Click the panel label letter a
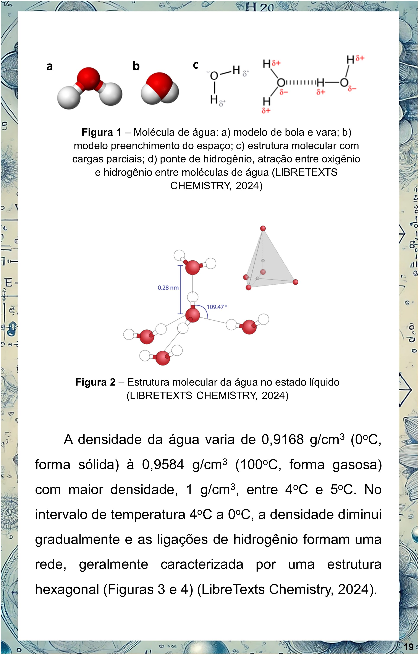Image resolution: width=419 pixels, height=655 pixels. pyautogui.click(x=49, y=66)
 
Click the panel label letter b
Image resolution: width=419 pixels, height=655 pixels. pyautogui.click(x=136, y=66)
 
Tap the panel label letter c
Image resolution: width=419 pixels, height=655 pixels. pyautogui.click(x=196, y=65)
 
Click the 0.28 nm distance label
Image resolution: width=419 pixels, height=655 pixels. pyautogui.click(x=168, y=288)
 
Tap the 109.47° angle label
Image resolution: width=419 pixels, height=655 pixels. pyautogui.click(x=217, y=307)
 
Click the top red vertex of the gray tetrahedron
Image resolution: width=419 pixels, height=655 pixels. pyautogui.click(x=263, y=228)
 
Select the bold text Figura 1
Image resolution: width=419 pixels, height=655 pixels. pyautogui.click(x=102, y=132)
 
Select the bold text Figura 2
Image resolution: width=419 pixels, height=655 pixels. pyautogui.click(x=95, y=382)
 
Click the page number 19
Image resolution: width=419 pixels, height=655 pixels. pyautogui.click(x=409, y=647)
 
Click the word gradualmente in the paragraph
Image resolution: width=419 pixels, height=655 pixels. pyautogui.click(x=77, y=540)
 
